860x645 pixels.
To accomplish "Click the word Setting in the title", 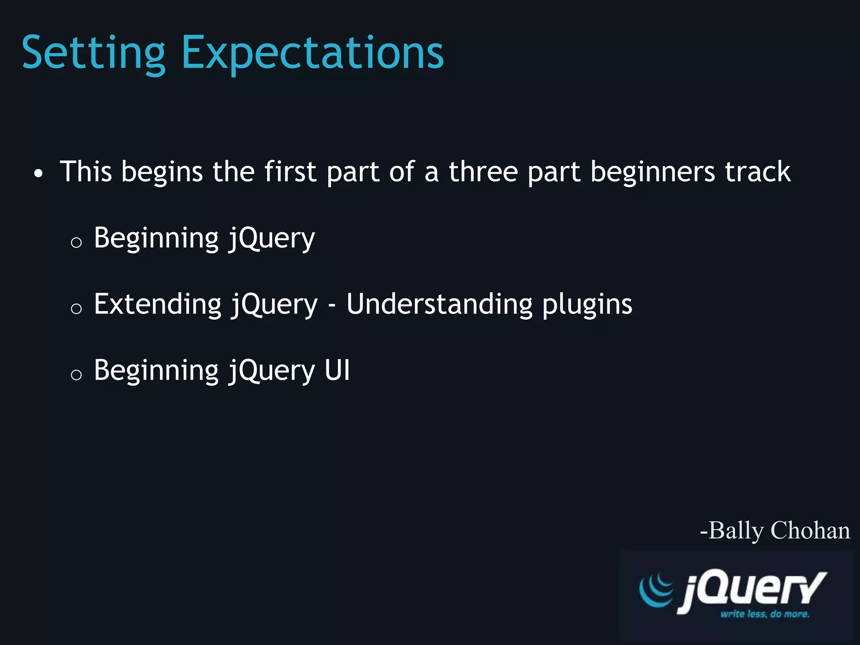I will pos(93,54).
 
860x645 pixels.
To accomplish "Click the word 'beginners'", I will pos(653,172).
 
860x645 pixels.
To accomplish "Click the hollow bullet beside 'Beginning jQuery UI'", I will pos(76,374).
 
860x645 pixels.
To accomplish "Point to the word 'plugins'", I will pos(587,304).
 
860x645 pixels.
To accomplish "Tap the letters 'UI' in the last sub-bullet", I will pos(337,370).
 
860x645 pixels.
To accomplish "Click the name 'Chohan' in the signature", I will pos(810,530).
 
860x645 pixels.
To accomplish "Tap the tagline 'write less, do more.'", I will pos(765,614).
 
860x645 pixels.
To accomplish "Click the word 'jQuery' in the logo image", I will pos(752,590).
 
